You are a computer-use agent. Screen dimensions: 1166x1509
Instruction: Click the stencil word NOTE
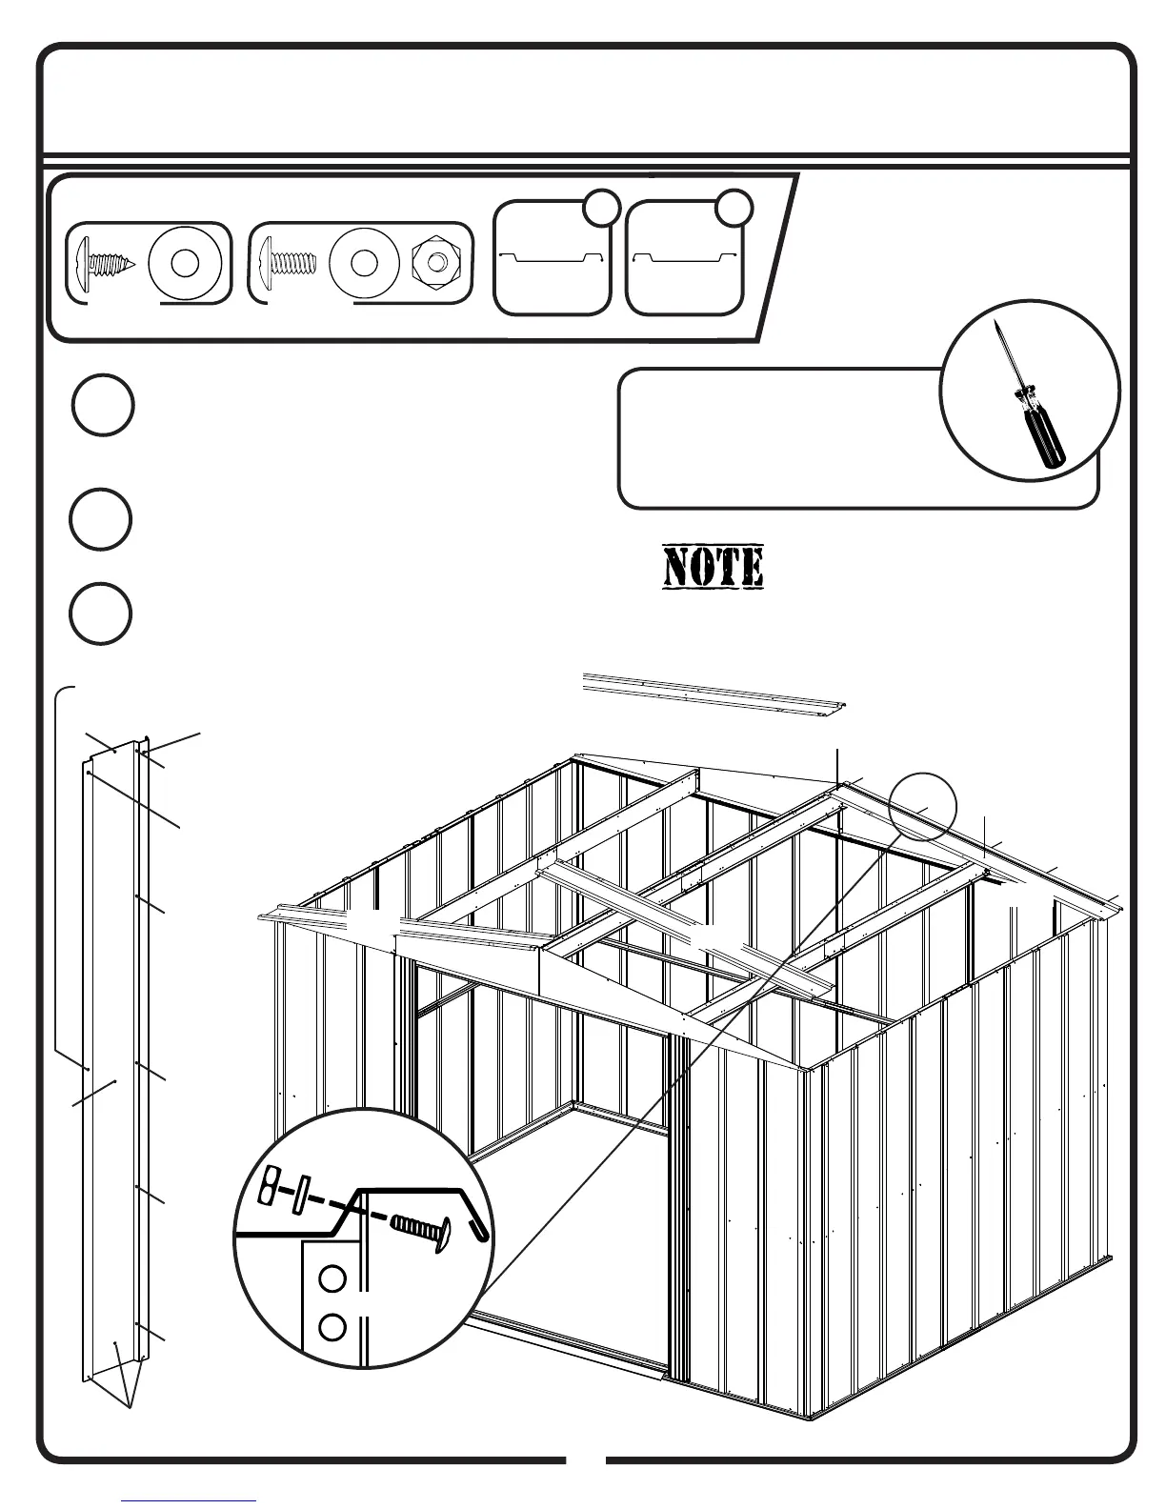tap(714, 567)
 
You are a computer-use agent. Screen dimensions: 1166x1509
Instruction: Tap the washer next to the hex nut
tap(363, 262)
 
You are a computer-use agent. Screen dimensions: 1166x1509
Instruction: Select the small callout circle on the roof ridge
tap(921, 805)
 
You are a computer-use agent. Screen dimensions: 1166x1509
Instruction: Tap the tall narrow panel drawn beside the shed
tap(112, 1048)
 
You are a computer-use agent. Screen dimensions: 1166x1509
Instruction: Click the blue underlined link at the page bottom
tap(189, 1499)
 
